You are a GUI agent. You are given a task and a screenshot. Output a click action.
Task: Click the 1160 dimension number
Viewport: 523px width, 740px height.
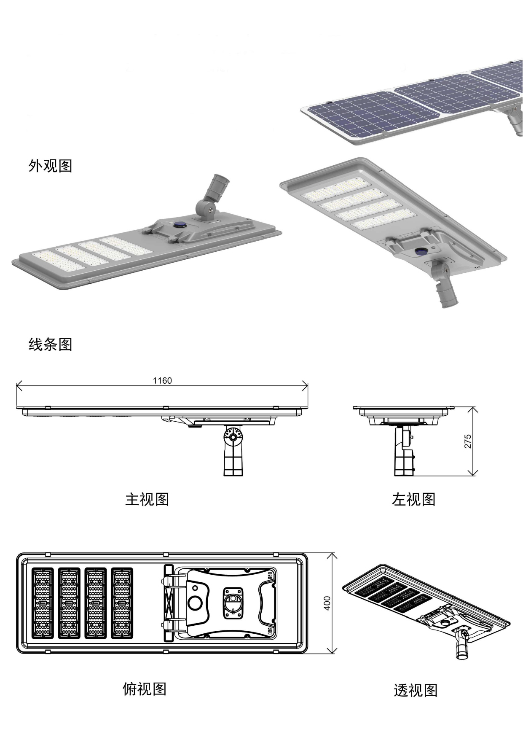pos(162,381)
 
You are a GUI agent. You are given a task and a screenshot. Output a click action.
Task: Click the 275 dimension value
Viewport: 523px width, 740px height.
pos(468,441)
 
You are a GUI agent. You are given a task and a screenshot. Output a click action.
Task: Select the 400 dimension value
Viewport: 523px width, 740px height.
pos(327,603)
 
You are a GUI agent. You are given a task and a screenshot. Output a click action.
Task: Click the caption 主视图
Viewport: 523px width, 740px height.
pos(147,499)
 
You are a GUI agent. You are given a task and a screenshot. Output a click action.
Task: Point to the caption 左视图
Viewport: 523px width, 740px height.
pos(413,499)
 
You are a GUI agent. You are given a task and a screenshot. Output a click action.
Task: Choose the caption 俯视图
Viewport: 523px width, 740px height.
pos(145,689)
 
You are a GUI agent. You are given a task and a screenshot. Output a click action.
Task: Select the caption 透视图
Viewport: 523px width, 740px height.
pos(416,690)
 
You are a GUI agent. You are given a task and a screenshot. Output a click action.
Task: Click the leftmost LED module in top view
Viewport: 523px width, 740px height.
pos(43,603)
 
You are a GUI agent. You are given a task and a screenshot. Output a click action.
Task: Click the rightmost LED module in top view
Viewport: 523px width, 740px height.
pos(122,603)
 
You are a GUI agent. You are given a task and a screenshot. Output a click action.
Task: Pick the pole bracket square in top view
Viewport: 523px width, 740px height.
pos(233,603)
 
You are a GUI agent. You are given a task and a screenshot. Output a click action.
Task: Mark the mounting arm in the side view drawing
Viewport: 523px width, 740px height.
pos(404,451)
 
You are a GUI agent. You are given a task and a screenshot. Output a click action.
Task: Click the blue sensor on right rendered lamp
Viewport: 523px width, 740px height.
pos(421,251)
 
